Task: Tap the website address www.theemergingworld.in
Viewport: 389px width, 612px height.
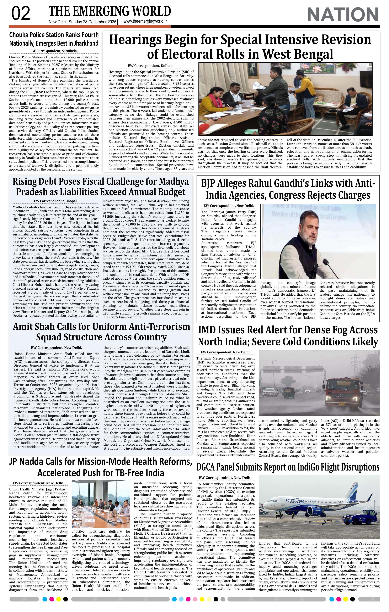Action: (x=145, y=22)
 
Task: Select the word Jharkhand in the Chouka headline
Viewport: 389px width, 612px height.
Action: (x=85, y=43)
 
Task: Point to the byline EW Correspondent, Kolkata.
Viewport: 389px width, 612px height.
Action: (x=151, y=66)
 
